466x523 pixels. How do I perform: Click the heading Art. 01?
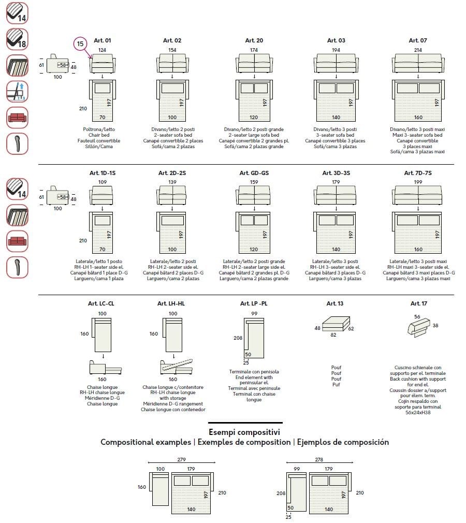[103, 40]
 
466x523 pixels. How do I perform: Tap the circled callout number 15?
[80, 44]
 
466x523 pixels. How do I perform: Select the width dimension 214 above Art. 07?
[417, 50]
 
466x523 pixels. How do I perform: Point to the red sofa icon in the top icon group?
[17, 118]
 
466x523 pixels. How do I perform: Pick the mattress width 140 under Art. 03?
[336, 118]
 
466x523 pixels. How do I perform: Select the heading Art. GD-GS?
[254, 173]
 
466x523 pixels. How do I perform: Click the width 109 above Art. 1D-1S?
[102, 182]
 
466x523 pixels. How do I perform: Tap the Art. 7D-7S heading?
[417, 173]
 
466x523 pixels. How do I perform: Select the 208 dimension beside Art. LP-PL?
[238, 338]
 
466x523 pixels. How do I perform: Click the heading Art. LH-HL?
[171, 303]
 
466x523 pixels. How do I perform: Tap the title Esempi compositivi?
[244, 432]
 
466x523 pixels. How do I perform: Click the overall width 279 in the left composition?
[181, 459]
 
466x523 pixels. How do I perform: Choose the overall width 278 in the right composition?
[319, 459]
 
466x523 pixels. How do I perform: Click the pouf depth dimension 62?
[351, 328]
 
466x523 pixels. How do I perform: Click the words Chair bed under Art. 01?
[102, 135]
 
